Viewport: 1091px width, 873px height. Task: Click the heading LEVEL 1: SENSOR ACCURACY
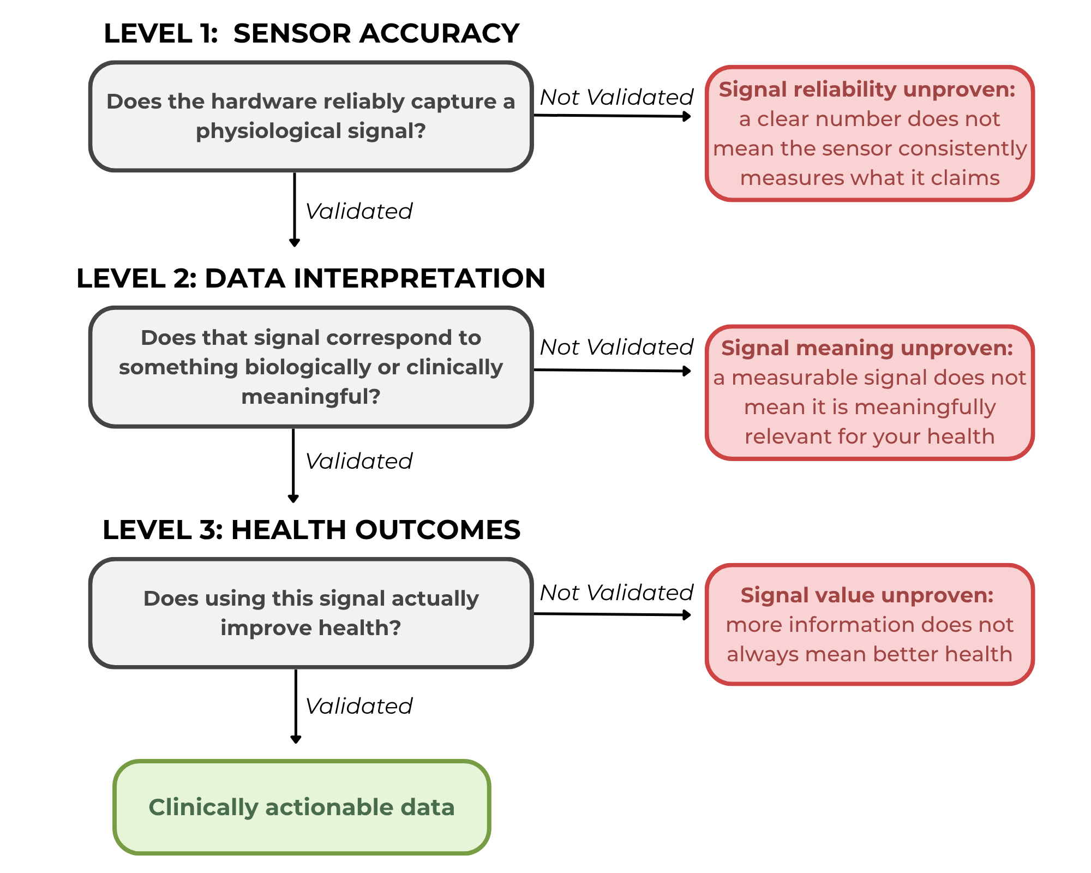coord(311,33)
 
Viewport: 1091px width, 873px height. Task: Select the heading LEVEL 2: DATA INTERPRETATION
coord(311,278)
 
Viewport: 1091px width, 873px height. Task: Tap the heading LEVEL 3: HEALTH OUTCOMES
coord(311,530)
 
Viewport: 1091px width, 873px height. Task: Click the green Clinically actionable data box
coord(302,807)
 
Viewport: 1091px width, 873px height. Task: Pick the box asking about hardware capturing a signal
coord(311,116)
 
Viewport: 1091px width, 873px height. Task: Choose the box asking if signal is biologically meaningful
coord(311,367)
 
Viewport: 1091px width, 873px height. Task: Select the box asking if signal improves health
coord(311,613)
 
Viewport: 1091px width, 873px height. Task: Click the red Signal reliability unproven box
coord(870,134)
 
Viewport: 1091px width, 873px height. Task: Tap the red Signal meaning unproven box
coord(870,393)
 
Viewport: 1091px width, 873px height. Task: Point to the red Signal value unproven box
coord(870,624)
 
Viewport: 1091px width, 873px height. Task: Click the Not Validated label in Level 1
coord(616,97)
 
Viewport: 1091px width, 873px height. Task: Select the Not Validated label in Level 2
coord(616,347)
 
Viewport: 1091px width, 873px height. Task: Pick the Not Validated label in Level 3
coord(616,593)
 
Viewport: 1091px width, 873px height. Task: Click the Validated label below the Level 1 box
coord(359,211)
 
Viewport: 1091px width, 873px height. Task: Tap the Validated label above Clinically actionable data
coord(359,706)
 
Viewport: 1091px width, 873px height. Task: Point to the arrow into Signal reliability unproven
coord(613,116)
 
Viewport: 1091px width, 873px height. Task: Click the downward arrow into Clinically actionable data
coord(296,706)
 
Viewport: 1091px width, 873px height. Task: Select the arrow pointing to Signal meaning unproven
coord(613,370)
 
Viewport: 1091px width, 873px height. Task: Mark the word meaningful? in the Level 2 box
coord(311,397)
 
